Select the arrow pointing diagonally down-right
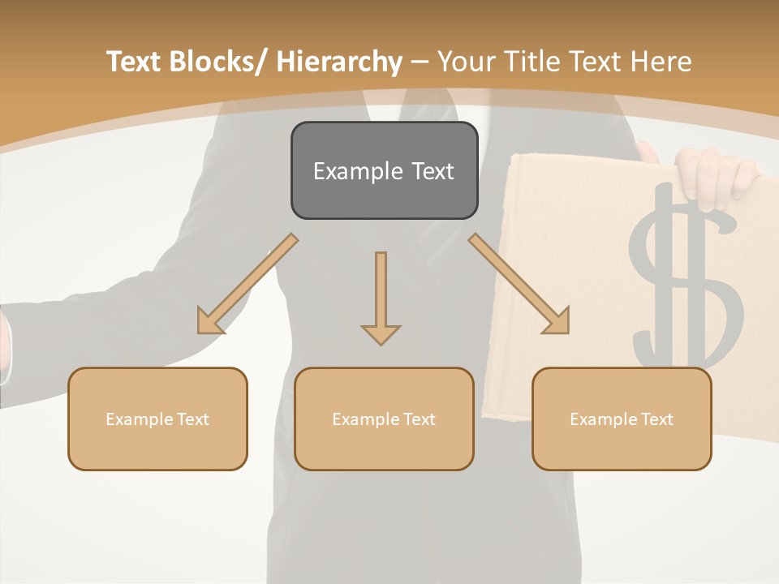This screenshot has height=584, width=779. (519, 284)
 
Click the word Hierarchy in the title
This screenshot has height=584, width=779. (339, 62)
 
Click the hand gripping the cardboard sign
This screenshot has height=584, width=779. (714, 174)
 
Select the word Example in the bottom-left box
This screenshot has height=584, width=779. (139, 419)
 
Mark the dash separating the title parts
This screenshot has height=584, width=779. (420, 62)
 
